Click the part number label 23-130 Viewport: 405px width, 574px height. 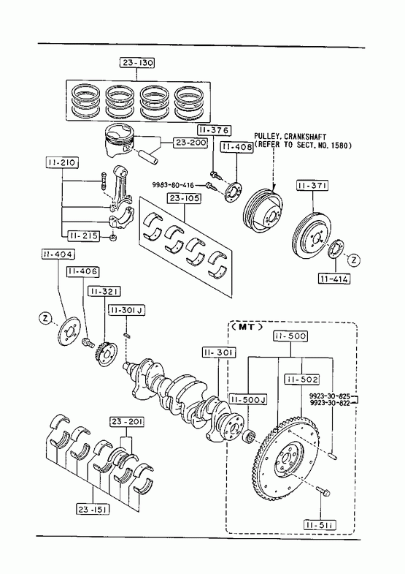tap(137, 63)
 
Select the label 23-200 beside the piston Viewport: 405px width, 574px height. tap(190, 143)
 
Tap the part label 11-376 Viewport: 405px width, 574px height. tap(215, 130)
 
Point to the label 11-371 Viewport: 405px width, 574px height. tap(312, 186)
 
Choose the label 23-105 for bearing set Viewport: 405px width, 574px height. tap(185, 198)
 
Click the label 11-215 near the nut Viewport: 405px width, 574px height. tap(83, 236)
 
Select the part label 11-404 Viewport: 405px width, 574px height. tap(58, 254)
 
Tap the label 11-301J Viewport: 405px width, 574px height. tap(127, 310)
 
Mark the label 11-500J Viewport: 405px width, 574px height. tap(248, 399)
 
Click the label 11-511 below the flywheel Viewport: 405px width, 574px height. tap(320, 525)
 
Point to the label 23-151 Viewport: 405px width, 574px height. tap(93, 508)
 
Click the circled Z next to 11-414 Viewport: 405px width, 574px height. tap(354, 260)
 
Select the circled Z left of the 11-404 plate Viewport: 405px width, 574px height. tap(45, 318)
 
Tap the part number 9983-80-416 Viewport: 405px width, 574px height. tap(174, 185)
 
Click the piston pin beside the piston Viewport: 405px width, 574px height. tap(150, 156)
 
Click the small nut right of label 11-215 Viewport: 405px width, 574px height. tap(114, 238)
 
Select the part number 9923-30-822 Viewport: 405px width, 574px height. tap(329, 403)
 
